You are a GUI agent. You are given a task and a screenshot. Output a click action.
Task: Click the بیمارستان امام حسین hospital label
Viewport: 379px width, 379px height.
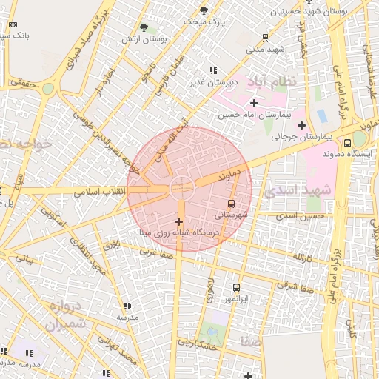point(250,115)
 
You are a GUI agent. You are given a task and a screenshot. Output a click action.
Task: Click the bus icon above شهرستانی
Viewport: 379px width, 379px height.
point(232,203)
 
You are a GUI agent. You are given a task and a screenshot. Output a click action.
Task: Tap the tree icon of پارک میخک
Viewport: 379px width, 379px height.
point(204,10)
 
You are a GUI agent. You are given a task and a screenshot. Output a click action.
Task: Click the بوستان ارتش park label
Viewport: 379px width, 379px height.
point(148,38)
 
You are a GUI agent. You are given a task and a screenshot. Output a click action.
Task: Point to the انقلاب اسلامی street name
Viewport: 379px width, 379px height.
point(100,191)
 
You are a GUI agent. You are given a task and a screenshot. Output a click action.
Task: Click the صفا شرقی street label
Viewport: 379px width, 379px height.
point(296,286)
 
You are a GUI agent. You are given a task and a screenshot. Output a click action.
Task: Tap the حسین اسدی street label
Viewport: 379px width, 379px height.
point(301,215)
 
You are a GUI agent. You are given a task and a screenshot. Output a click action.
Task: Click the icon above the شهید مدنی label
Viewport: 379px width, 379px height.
point(266,37)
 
